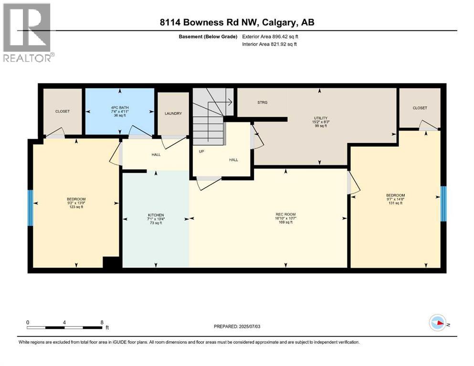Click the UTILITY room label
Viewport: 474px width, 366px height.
320,118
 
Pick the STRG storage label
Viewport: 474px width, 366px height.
262,102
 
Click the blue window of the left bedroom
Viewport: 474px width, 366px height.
30,208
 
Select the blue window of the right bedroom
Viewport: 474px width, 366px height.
443,204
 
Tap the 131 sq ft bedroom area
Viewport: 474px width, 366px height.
395,203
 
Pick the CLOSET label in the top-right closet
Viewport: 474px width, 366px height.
420,108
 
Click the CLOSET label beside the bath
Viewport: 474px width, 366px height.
63,111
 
